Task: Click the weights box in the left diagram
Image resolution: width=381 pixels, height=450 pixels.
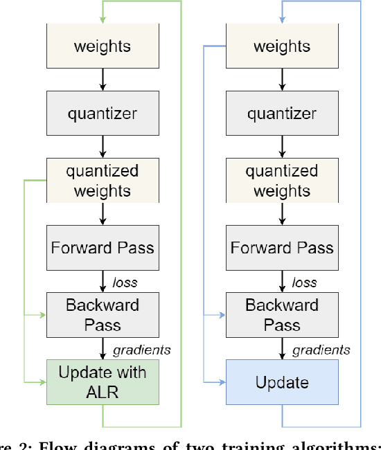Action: tap(103, 47)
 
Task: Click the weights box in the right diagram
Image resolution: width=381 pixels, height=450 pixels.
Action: tap(282, 47)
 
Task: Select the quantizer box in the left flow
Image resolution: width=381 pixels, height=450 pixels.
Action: tap(103, 114)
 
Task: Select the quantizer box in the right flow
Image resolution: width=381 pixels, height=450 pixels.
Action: tap(282, 114)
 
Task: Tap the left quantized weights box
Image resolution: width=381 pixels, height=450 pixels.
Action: tap(103, 180)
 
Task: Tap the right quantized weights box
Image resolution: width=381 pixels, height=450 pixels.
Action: tap(282, 180)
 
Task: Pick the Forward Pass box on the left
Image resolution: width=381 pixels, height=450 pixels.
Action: tap(103, 247)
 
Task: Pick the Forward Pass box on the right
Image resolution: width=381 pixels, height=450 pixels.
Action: tap(282, 247)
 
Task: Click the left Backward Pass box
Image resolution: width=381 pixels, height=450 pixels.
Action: tap(103, 314)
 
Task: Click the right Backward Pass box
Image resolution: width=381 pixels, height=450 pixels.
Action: tap(282, 314)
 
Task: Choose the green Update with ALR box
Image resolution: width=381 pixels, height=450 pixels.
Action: tap(103, 381)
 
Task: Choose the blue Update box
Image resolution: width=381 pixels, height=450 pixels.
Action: tap(282, 381)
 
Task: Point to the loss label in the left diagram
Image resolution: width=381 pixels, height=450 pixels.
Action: tap(125, 282)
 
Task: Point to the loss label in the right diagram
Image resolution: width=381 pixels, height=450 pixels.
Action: tap(304, 282)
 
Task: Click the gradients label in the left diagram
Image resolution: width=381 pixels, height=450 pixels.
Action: tap(141, 350)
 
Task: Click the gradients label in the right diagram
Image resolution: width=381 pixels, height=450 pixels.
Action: tap(321, 350)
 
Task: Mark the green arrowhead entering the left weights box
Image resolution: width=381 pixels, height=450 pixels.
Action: tap(103, 19)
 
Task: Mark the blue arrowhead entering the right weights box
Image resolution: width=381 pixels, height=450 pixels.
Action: tap(282, 19)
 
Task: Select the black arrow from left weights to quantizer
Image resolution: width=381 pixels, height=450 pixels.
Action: tap(103, 80)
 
